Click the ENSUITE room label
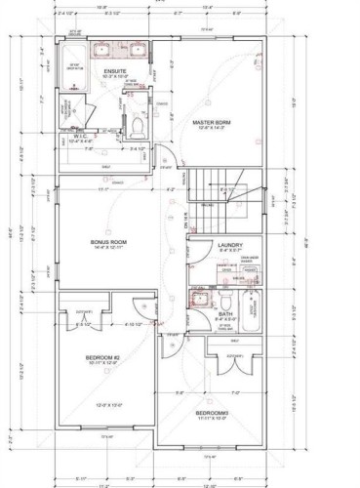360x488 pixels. (113, 71)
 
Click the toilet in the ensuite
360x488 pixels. (138, 126)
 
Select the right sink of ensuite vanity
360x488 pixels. (138, 51)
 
